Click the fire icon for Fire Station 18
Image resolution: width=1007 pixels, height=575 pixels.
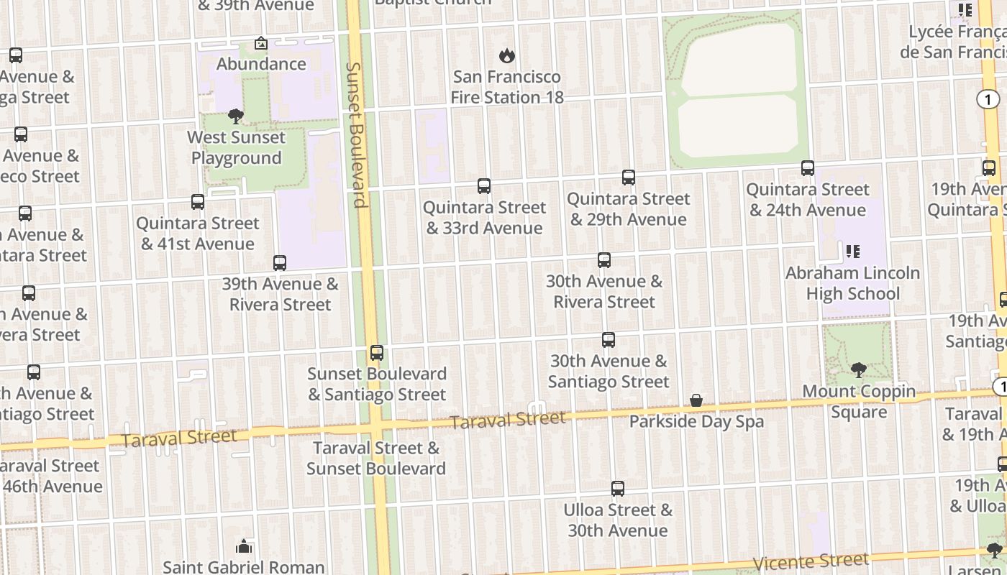click(507, 55)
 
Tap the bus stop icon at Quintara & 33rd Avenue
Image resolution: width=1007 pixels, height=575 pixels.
click(484, 186)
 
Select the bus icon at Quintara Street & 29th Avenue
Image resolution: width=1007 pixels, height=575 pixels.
click(629, 178)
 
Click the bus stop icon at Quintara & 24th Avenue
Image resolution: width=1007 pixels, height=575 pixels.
click(808, 168)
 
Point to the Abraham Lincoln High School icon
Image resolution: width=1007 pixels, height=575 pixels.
click(852, 252)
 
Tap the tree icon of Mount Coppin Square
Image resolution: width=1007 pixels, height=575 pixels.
click(858, 370)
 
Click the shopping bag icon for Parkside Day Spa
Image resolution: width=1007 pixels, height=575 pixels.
click(696, 400)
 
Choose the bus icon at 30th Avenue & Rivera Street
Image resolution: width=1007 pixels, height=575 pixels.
click(604, 260)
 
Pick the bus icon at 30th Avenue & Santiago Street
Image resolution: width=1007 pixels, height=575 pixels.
click(609, 340)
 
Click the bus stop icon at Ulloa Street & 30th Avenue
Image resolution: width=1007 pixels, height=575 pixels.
click(618, 489)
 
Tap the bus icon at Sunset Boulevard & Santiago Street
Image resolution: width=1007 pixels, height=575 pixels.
click(377, 353)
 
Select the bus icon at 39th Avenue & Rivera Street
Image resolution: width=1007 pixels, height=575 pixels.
click(280, 263)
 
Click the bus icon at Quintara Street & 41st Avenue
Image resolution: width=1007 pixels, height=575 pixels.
click(198, 202)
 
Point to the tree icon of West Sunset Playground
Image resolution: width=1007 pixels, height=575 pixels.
click(236, 116)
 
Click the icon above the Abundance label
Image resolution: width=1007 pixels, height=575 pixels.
click(261, 44)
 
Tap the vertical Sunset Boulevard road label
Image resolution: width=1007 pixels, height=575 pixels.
click(356, 134)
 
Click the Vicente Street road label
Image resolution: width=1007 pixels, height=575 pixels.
click(811, 562)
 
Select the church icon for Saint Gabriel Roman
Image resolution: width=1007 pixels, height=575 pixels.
click(245, 547)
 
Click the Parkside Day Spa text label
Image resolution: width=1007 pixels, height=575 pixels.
click(696, 421)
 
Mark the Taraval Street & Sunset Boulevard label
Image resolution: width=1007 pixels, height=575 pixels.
click(376, 458)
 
